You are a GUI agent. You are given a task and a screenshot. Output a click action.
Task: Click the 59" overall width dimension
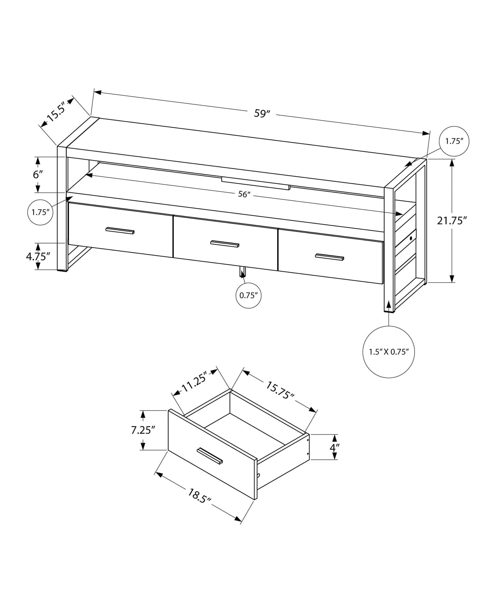click(262, 113)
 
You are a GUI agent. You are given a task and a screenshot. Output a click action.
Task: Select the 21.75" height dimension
click(452, 221)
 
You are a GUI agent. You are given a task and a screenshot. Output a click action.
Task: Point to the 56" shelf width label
click(245, 194)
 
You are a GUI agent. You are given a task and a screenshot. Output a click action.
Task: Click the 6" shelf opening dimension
click(38, 174)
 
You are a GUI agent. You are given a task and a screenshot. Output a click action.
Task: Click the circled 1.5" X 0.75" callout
click(388, 352)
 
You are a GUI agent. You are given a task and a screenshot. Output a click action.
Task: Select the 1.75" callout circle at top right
click(454, 141)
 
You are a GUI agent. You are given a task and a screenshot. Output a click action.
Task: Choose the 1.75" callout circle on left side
click(40, 212)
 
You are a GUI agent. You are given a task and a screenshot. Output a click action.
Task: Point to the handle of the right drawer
click(330, 256)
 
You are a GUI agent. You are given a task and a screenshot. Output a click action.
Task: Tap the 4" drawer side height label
click(334, 447)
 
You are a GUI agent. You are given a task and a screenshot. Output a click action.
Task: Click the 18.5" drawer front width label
click(199, 495)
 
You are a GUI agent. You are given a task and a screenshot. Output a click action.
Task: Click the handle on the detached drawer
click(210, 456)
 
